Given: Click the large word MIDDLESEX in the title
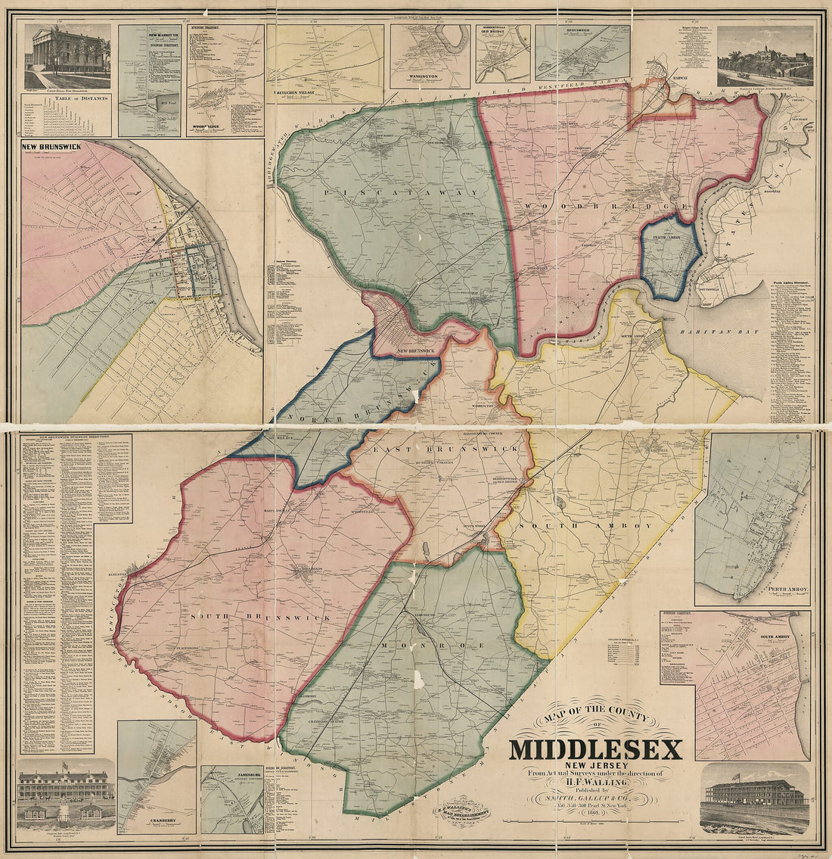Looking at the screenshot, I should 595,749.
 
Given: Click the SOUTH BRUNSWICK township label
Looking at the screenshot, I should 262,618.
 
